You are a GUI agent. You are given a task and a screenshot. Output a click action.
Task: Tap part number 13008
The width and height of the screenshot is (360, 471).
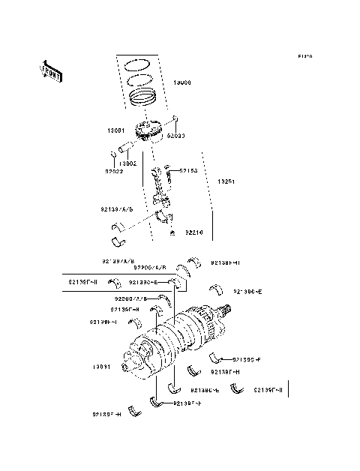tap(182, 82)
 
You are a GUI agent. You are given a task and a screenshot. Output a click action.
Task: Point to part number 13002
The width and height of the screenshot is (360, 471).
tap(127, 163)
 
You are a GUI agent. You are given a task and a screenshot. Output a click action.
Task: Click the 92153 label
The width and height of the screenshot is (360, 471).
tap(187, 171)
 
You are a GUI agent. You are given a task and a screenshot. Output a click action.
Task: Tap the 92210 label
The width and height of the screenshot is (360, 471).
tap(194, 232)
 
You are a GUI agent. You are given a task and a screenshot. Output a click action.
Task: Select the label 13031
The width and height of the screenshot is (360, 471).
tap(102, 367)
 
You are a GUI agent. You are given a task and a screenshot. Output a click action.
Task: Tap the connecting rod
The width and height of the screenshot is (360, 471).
tap(160, 189)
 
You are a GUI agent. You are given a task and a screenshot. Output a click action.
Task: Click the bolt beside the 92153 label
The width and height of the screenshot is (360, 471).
tap(172, 171)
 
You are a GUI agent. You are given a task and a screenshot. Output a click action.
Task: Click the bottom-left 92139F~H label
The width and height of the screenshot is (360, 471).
tap(106, 414)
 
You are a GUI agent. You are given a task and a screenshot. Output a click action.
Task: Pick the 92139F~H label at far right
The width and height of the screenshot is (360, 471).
tap(268, 390)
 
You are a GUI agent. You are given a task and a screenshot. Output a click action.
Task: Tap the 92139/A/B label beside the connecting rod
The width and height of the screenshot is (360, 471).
tap(116, 210)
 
